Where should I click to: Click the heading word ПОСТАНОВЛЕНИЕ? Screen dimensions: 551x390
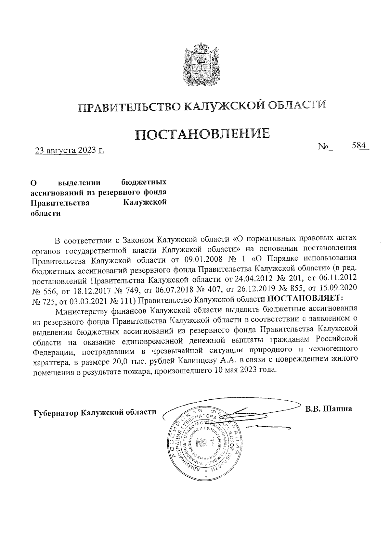point(202,135)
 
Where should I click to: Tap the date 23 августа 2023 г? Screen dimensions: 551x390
point(70,151)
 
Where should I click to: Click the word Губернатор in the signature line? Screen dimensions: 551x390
point(56,412)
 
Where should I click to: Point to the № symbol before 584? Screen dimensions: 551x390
point(323,147)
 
